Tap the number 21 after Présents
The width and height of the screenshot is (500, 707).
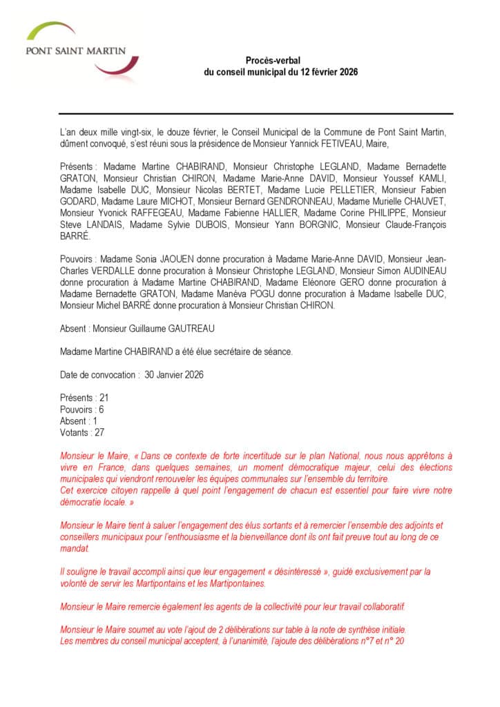104,398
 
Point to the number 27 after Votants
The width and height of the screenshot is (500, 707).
99,432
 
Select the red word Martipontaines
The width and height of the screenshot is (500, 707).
235,583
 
